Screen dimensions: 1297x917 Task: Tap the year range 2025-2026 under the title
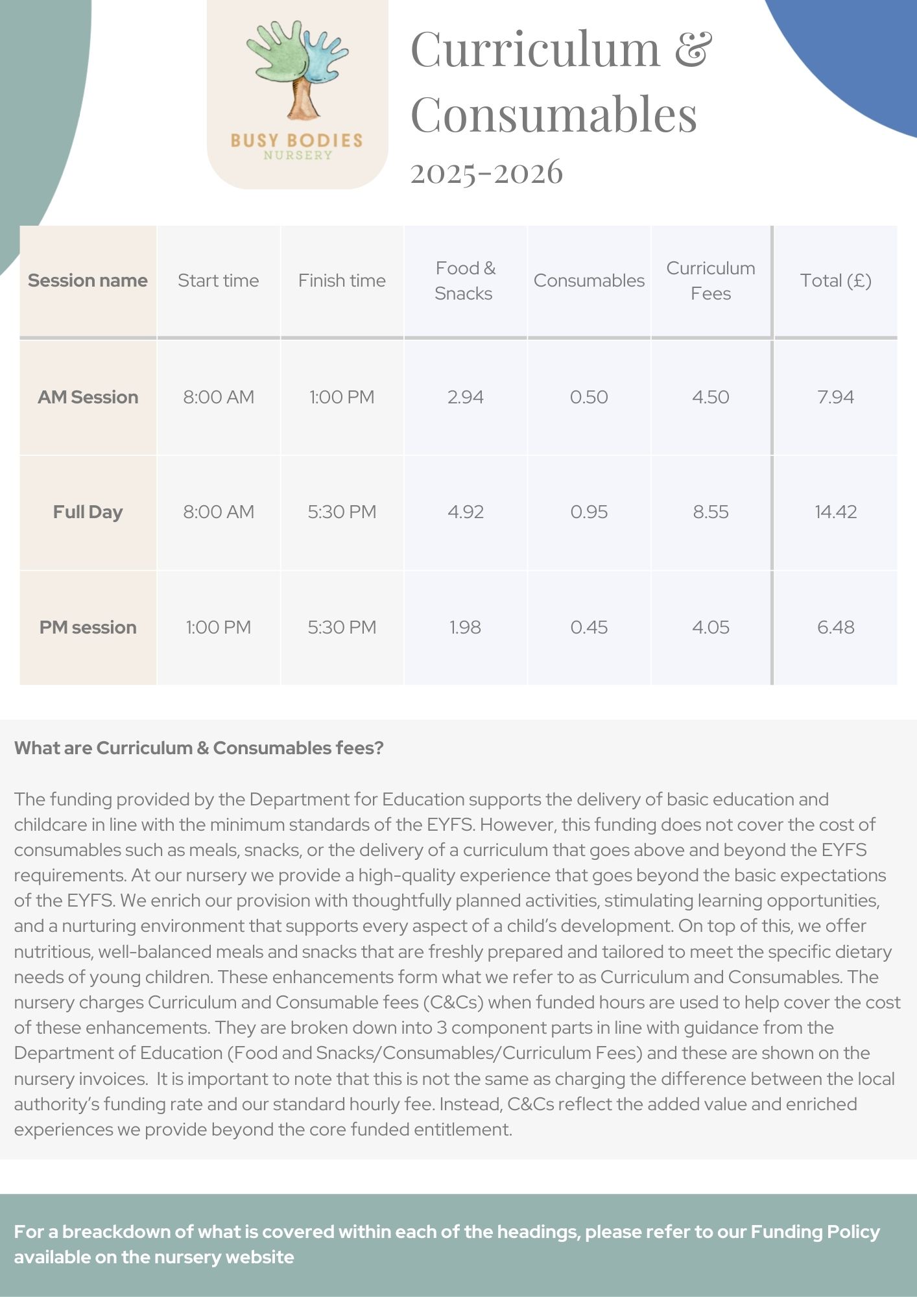tap(486, 173)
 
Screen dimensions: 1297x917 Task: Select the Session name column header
tap(88, 281)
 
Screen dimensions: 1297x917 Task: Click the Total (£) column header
tap(835, 281)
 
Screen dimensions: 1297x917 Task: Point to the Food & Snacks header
tap(464, 281)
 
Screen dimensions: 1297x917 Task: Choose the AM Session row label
tap(88, 397)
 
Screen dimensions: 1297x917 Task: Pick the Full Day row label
tap(88, 512)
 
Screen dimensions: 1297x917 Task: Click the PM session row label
tap(88, 628)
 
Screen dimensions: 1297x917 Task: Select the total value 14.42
tap(835, 512)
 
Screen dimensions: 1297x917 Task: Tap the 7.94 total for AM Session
tap(835, 397)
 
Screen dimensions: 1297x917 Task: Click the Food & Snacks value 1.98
tap(465, 628)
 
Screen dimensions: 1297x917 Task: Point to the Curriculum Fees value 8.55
tap(711, 512)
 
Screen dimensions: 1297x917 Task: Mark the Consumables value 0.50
tap(589, 397)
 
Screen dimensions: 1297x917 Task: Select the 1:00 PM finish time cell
tap(342, 397)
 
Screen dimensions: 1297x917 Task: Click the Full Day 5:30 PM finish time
tap(342, 512)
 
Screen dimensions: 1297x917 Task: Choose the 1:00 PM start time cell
tap(218, 628)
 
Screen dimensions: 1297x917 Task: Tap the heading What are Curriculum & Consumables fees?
tap(198, 748)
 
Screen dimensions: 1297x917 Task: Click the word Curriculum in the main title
tap(535, 49)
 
